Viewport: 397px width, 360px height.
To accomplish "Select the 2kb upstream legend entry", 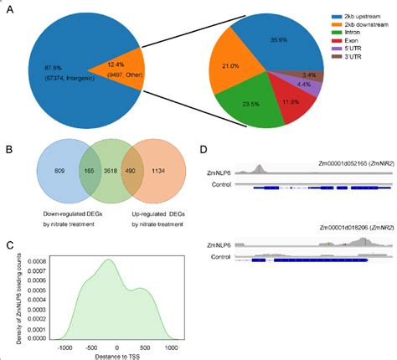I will pos(352,15).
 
